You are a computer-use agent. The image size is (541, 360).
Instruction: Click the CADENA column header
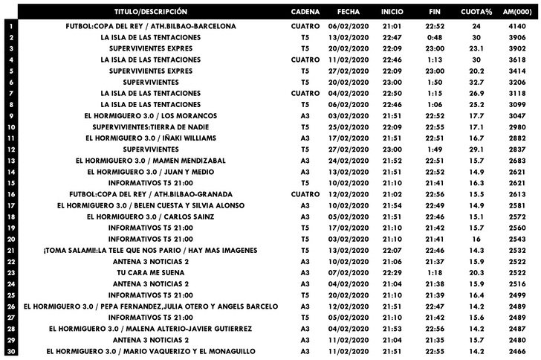[x=305, y=13]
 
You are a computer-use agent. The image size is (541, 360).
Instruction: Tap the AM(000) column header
[x=515, y=13]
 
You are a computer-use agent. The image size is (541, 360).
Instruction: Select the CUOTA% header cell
[x=477, y=13]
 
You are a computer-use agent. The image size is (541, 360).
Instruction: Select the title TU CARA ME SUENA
[x=151, y=272]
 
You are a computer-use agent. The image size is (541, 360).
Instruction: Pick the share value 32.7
[x=477, y=82]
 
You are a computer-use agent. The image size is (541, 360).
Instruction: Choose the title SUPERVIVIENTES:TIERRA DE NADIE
[x=151, y=126]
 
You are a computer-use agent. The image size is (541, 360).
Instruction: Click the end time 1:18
[x=435, y=272]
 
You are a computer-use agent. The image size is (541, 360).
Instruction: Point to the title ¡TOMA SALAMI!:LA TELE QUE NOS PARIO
[x=151, y=251]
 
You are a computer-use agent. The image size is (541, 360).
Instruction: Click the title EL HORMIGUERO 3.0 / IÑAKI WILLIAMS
[x=151, y=138]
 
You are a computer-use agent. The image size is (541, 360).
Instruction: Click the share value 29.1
[x=477, y=149]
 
